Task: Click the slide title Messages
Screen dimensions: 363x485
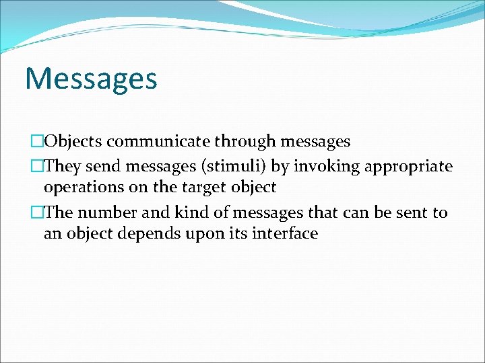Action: (x=91, y=78)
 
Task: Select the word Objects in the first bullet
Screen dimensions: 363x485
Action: (x=73, y=141)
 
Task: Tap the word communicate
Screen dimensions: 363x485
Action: (x=158, y=141)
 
